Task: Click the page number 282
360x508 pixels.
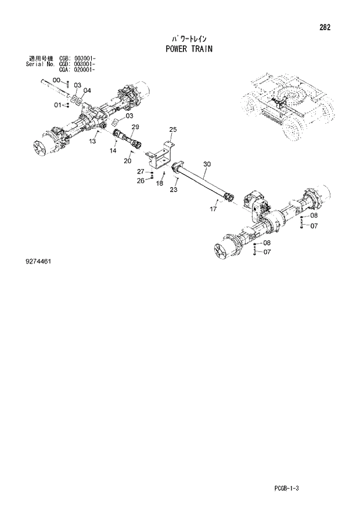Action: click(333, 27)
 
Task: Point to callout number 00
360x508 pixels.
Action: click(57, 80)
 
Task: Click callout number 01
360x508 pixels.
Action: click(58, 105)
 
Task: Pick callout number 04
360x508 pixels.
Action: click(87, 91)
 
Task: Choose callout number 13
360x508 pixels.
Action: click(92, 141)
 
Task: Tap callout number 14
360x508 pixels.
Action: click(113, 150)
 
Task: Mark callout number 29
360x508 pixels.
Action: click(135, 127)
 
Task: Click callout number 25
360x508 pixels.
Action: click(173, 129)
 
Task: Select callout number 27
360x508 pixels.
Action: click(141, 171)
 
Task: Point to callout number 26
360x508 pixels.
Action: click(141, 181)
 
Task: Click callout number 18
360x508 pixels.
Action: click(159, 183)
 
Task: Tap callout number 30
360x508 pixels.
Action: click(207, 164)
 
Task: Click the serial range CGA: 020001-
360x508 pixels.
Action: click(77, 69)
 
